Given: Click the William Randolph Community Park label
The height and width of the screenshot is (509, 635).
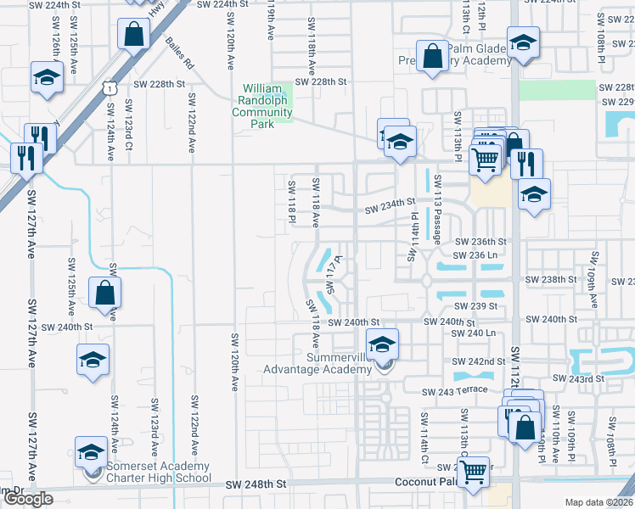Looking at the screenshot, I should point(268,106).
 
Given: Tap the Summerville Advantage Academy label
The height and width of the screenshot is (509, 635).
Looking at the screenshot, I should point(317,363).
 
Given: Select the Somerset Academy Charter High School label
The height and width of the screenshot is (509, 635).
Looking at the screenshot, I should point(159,472).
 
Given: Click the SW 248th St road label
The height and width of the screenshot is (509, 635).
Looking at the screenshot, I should point(258,484).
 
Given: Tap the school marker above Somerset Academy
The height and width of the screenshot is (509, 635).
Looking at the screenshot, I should point(91,450).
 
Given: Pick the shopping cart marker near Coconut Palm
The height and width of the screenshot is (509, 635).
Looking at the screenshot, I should point(474,469).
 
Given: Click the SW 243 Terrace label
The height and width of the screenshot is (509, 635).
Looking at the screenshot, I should point(456,390).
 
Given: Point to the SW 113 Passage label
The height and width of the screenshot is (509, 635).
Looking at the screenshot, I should point(438,209).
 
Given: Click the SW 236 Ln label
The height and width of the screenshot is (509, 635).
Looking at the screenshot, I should point(480,255).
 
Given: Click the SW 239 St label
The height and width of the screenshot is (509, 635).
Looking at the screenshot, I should point(475,306).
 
